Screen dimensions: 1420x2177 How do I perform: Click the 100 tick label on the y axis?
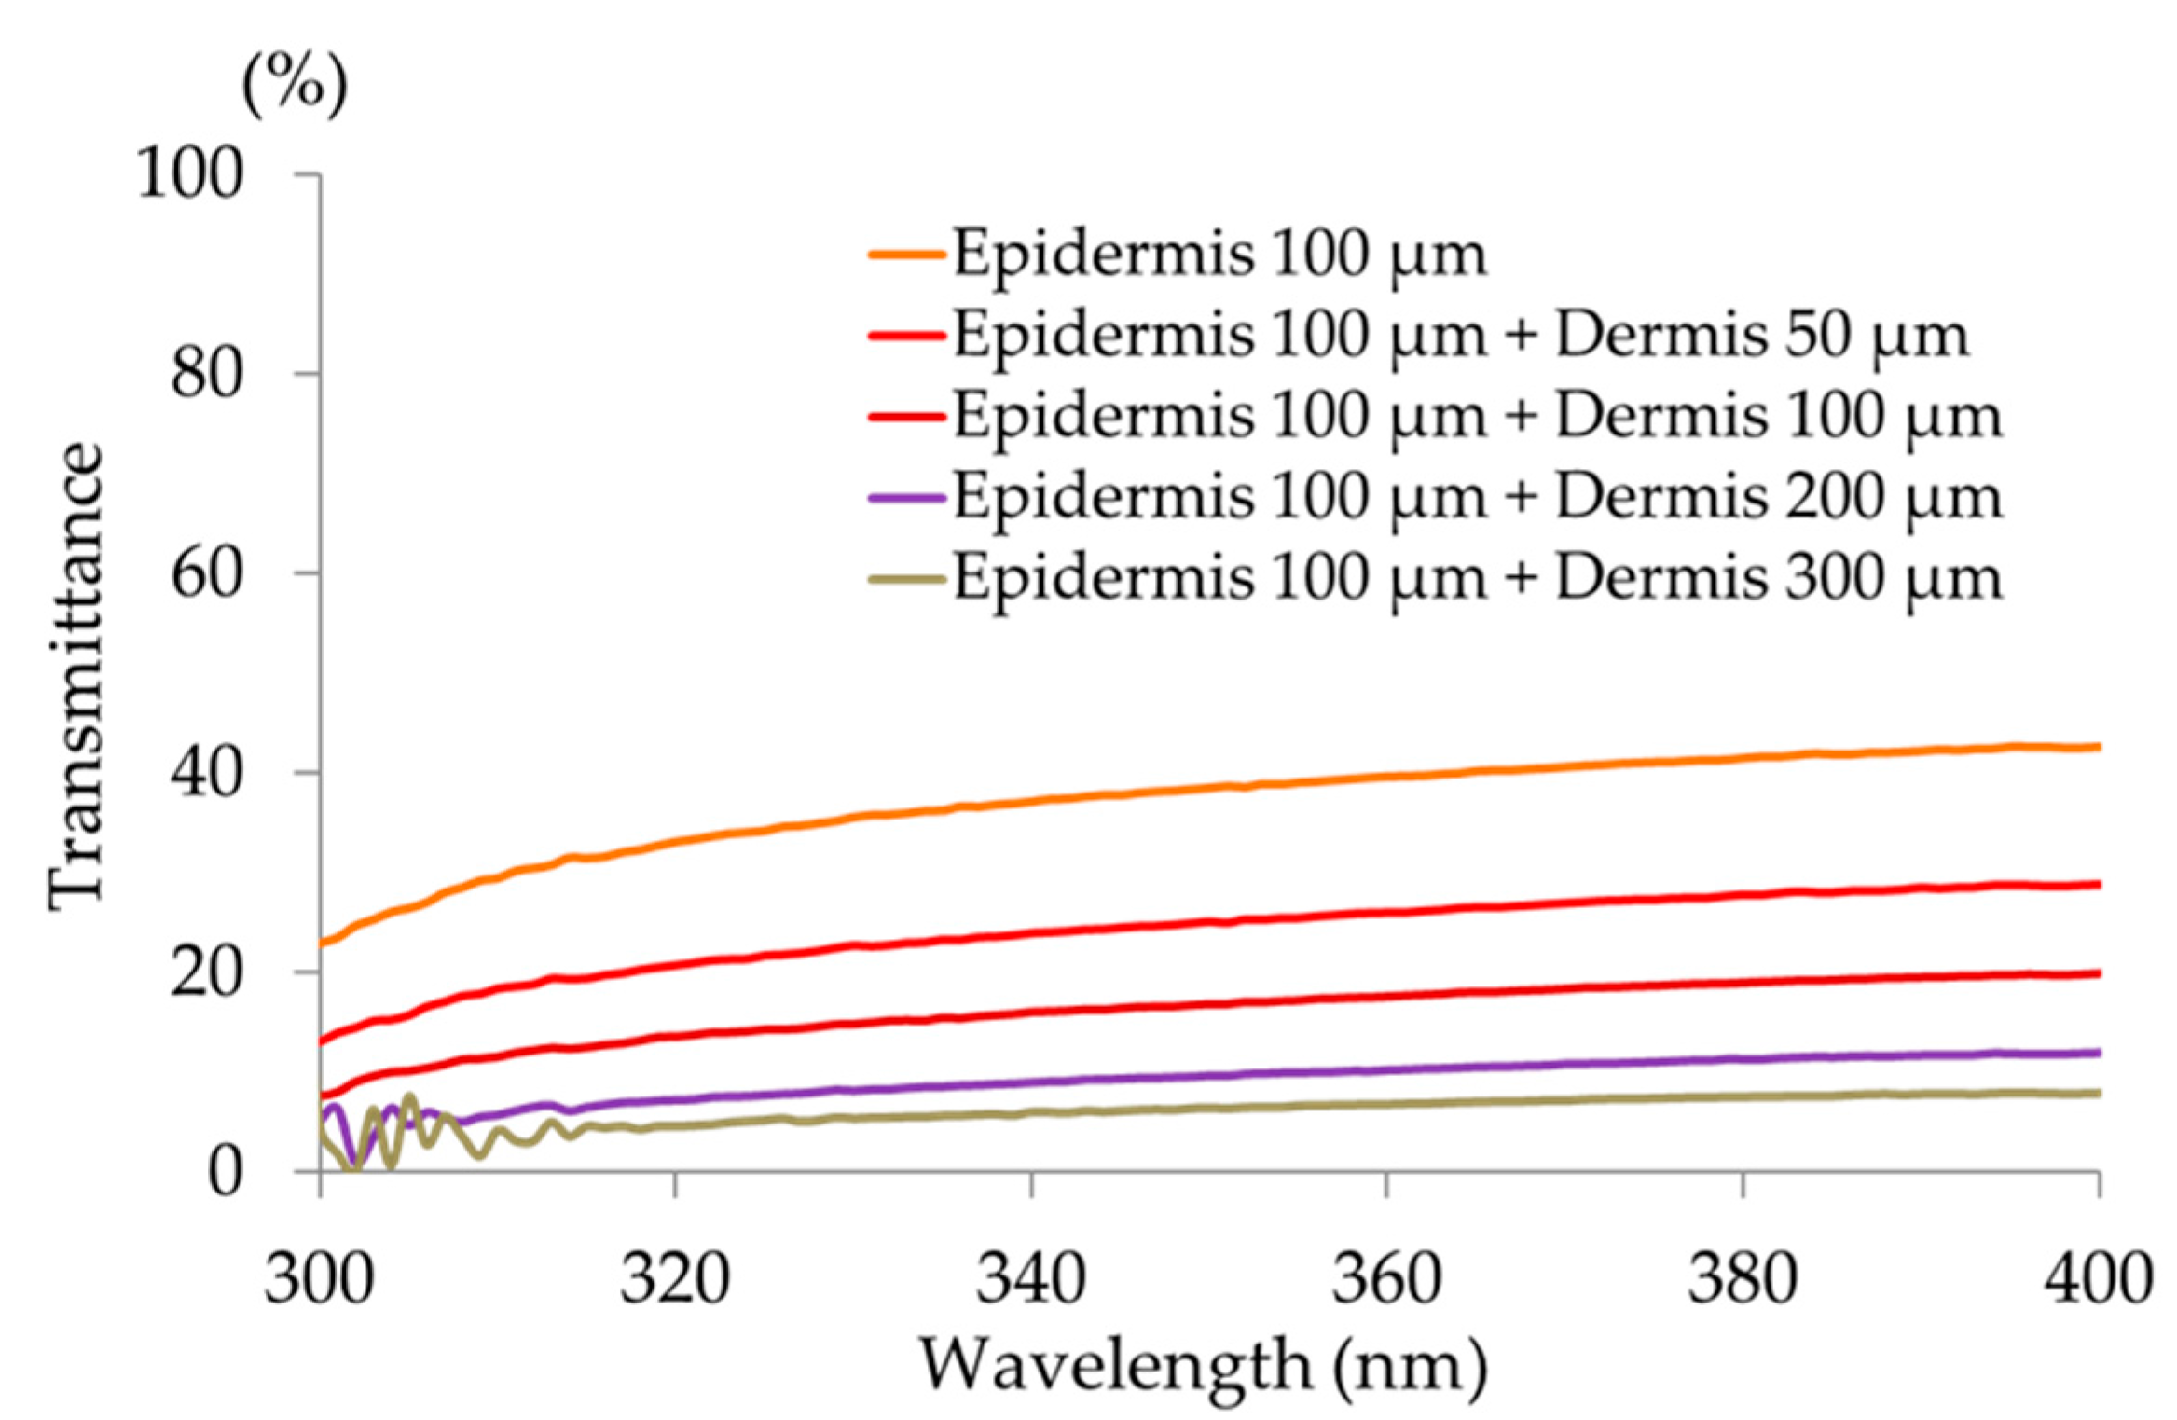coord(189,173)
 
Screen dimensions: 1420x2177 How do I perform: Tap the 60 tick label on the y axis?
coord(207,572)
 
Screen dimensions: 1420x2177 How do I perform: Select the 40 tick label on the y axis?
coord(207,772)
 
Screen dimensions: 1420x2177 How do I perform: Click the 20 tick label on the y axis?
coord(207,972)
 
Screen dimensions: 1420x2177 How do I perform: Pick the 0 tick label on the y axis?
coord(225,1172)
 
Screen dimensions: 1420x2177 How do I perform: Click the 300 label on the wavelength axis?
coord(319,1279)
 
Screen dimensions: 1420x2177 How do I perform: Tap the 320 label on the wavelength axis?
coord(675,1279)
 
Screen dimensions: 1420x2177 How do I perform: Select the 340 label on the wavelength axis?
coord(1030,1279)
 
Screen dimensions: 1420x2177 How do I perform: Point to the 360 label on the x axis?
coord(1386,1279)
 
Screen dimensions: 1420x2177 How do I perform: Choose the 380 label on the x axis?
coord(1743,1279)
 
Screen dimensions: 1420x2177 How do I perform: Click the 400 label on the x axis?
coord(2098,1279)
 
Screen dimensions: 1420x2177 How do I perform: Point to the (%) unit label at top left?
coord(295,85)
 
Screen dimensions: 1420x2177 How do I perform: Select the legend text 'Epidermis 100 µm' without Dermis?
coord(1219,254)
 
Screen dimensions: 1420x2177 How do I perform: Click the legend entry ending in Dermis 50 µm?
coord(1460,335)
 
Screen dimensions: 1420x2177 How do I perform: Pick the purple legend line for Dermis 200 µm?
coord(907,498)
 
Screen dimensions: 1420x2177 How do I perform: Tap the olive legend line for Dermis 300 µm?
coord(907,579)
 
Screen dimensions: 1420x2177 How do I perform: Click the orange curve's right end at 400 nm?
coord(2096,747)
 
